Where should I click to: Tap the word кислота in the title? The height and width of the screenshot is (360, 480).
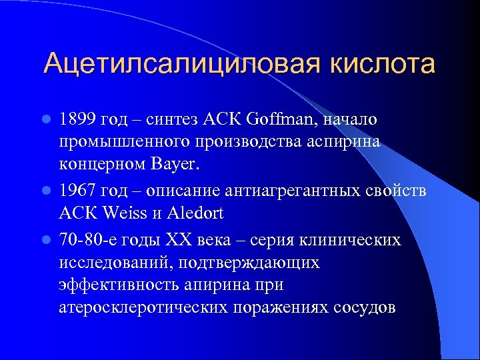click(380, 64)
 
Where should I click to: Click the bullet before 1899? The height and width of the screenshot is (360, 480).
click(46, 120)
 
